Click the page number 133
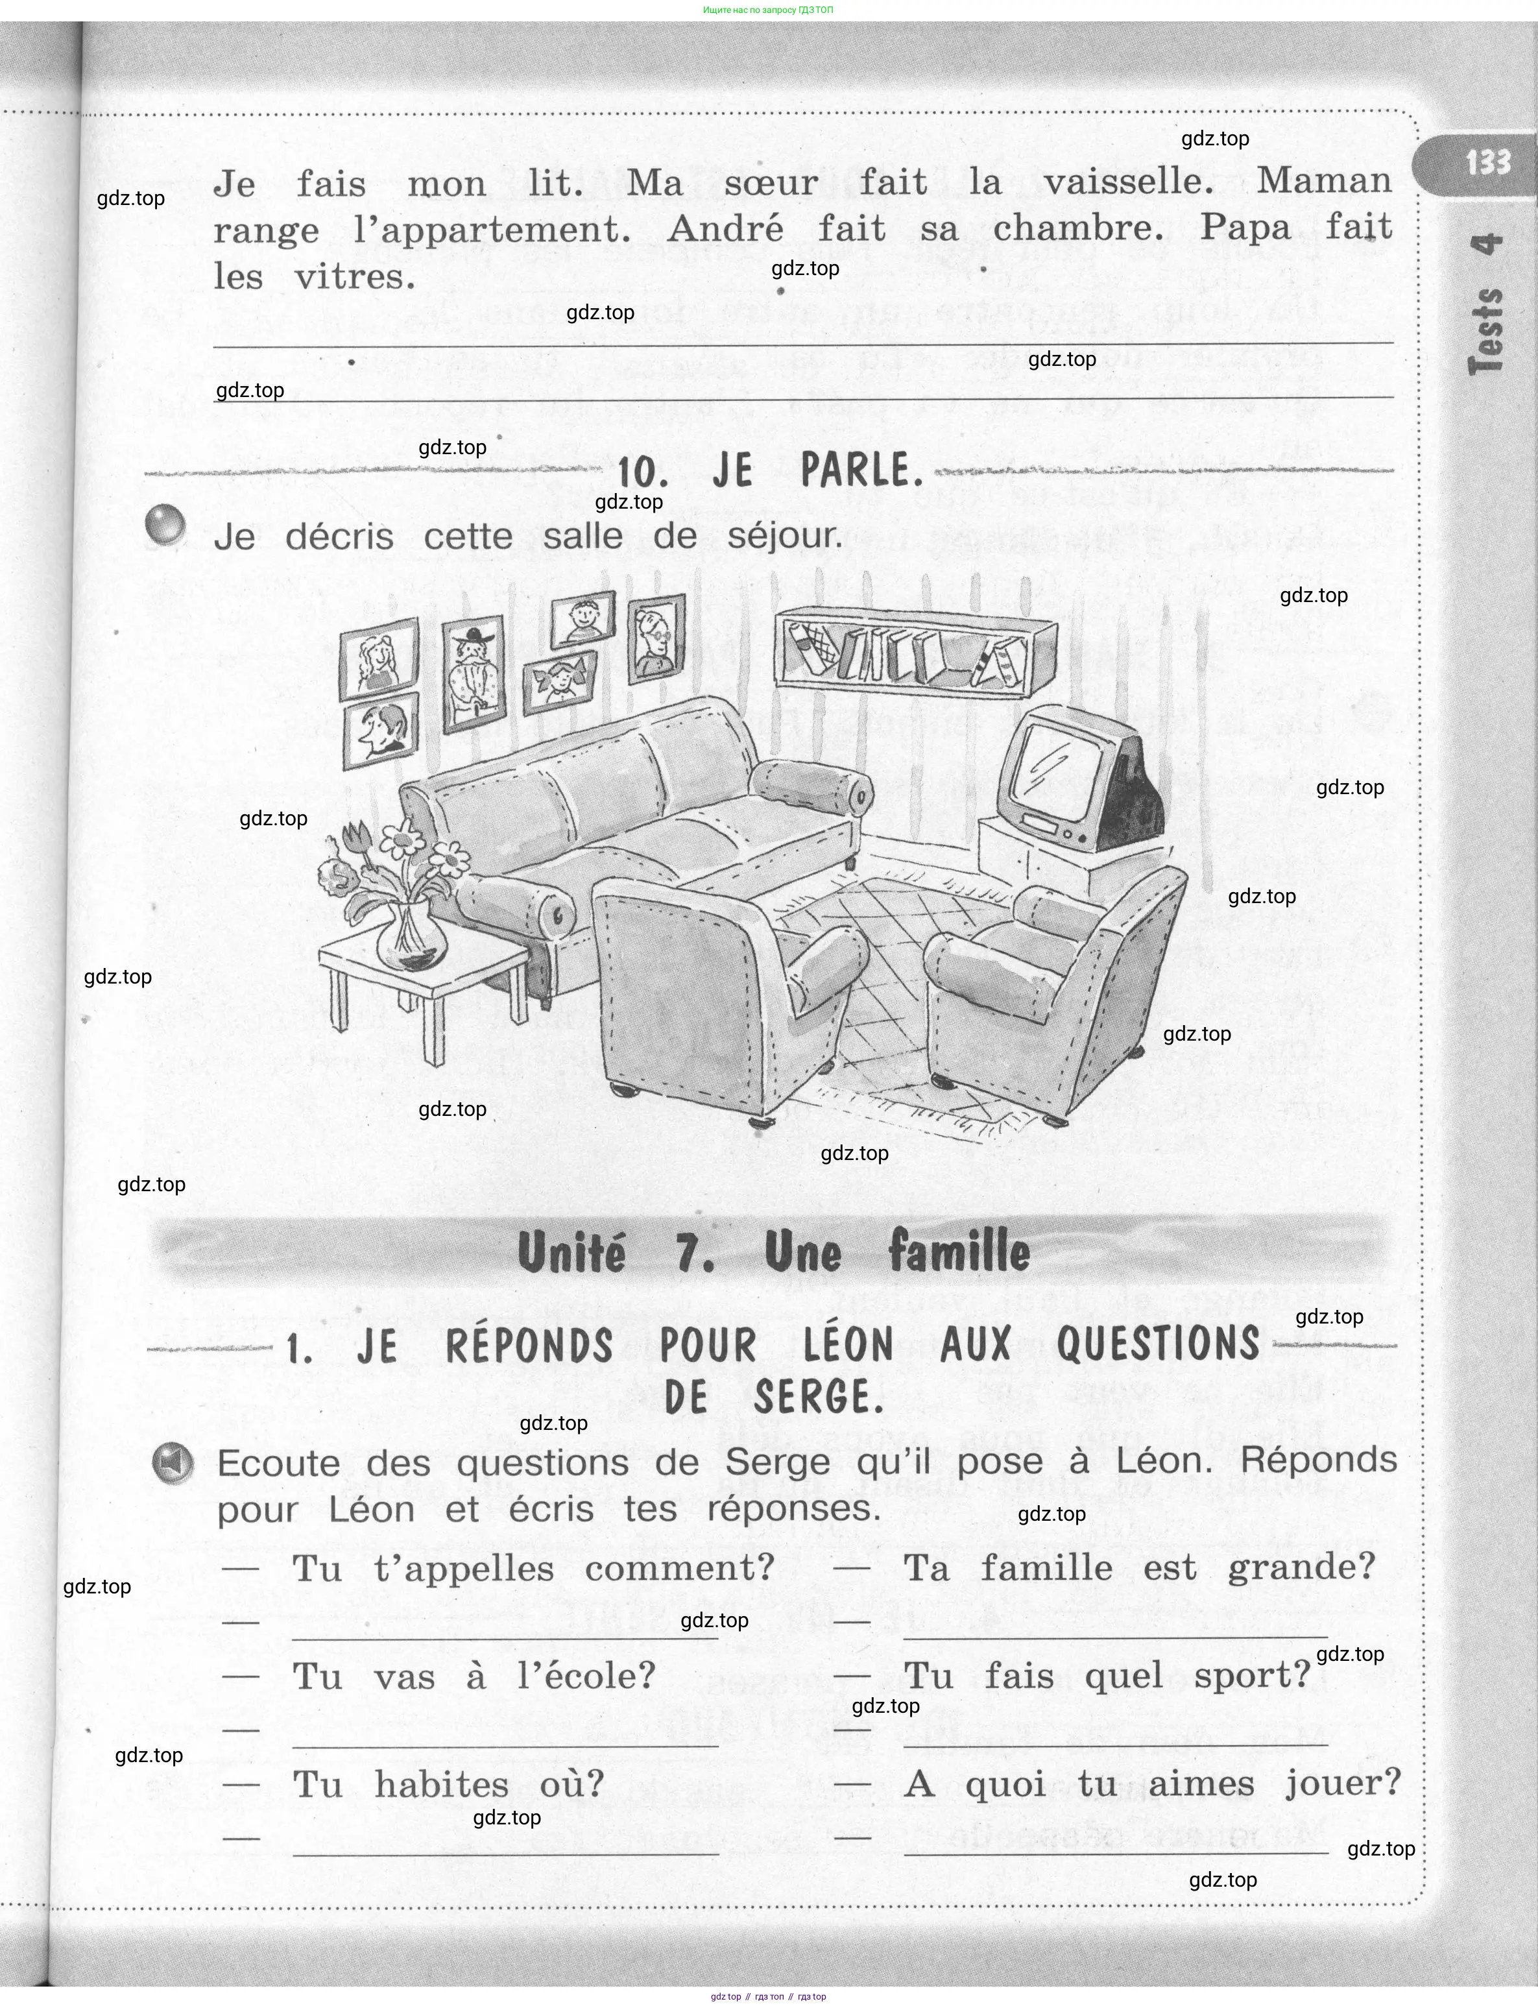(1487, 163)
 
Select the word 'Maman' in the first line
(1324, 180)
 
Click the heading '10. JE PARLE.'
(769, 472)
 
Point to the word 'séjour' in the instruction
(784, 537)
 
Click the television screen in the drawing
(1059, 758)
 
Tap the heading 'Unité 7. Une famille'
(774, 1252)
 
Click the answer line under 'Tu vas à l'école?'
(505, 1746)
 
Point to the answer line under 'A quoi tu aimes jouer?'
(1115, 1852)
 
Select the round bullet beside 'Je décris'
(165, 525)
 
